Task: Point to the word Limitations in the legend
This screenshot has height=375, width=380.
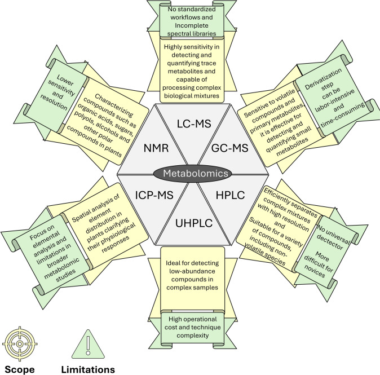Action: pyautogui.click(x=88, y=369)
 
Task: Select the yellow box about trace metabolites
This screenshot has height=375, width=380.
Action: pyautogui.click(x=189, y=64)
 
